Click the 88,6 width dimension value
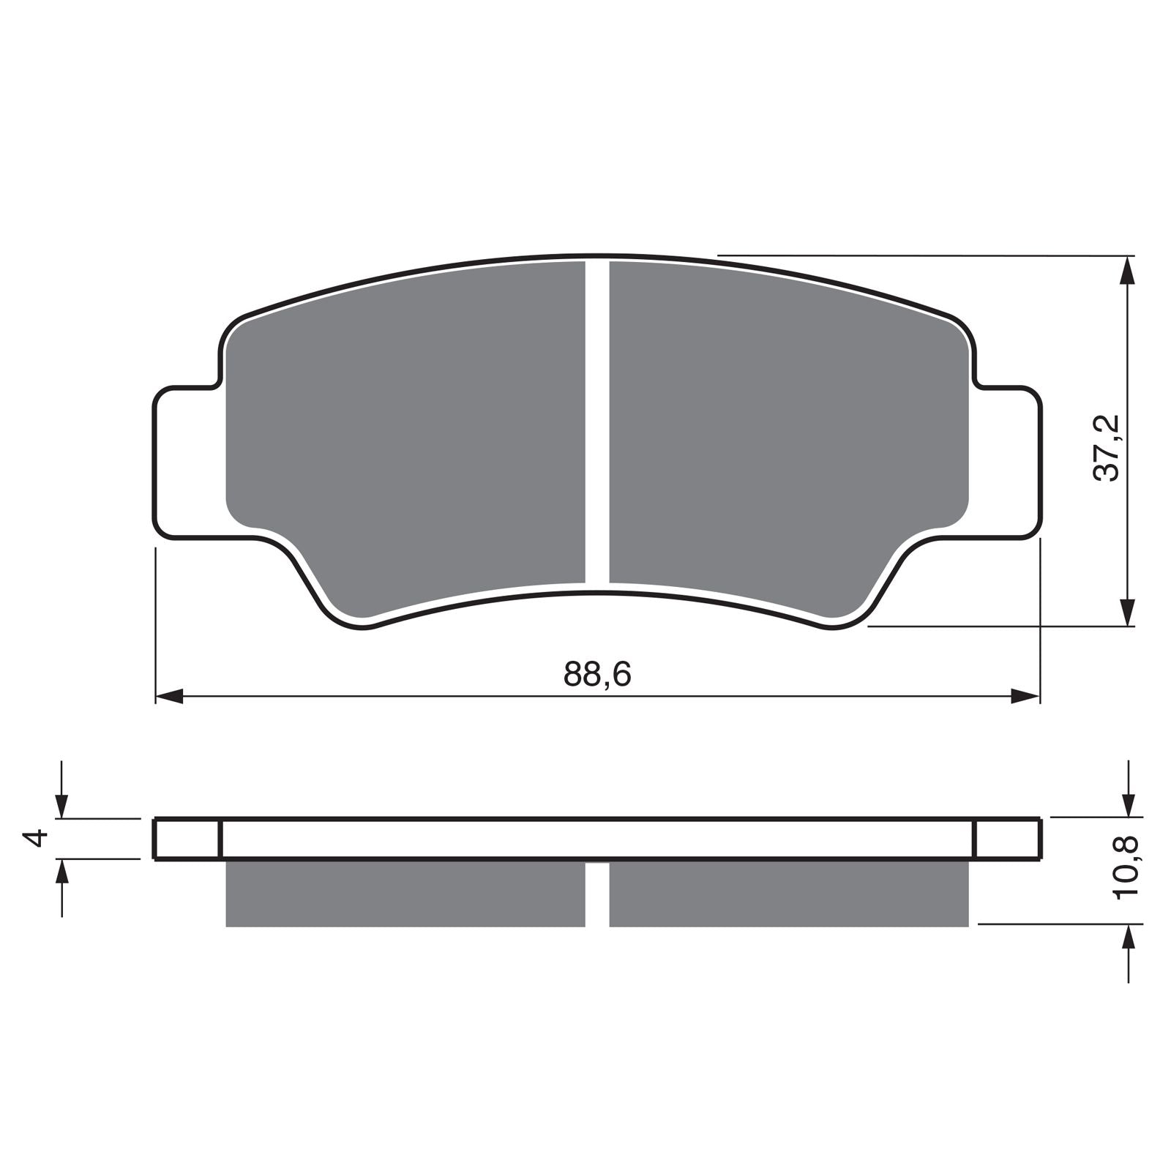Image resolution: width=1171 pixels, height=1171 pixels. point(596,674)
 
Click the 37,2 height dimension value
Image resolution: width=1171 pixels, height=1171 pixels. point(1107,447)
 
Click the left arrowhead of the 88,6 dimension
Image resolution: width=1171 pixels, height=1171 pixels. point(170,697)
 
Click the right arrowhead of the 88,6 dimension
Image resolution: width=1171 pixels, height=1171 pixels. point(1025,697)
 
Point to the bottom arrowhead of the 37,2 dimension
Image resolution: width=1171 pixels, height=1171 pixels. point(1129,612)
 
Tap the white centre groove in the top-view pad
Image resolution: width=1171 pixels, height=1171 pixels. point(597,424)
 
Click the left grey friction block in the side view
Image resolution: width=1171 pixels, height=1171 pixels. point(406,894)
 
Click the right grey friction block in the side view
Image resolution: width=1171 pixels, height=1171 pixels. point(789,894)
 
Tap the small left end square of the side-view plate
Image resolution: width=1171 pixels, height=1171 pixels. point(187,839)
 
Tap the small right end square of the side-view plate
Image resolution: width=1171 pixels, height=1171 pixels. point(1007,839)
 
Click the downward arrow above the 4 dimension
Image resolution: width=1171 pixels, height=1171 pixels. point(62,805)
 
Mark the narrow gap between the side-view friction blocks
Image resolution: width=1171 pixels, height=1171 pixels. point(597,894)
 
